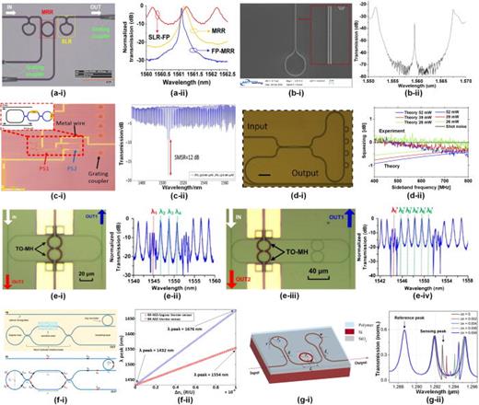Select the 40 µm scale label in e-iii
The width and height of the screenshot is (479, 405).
tap(325, 273)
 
